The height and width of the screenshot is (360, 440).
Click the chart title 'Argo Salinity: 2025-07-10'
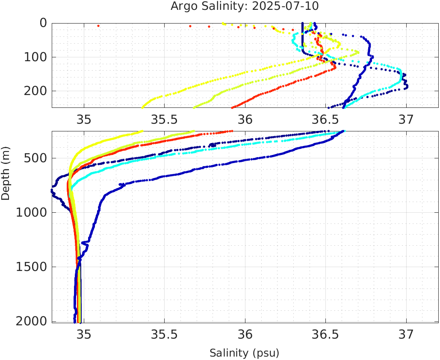(245, 6)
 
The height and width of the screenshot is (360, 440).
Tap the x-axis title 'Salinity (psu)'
(244, 353)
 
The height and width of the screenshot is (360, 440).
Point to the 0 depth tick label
(44, 23)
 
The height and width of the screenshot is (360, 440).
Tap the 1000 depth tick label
(32, 213)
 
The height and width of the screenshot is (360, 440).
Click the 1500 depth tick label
(32, 267)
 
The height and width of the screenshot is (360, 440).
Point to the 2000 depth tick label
(32, 321)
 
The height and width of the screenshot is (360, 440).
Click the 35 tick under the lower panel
(84, 334)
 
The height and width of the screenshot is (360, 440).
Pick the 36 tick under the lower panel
(245, 334)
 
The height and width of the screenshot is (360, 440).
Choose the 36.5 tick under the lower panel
(325, 334)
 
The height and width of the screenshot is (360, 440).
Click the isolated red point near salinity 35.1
(98, 26)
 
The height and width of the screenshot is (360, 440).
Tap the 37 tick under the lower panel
(406, 334)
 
